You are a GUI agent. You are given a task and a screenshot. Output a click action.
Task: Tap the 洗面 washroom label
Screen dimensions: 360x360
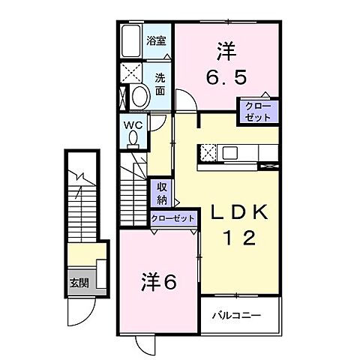coord(160,82)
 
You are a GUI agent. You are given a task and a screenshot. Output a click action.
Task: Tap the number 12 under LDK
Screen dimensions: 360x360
coord(238,238)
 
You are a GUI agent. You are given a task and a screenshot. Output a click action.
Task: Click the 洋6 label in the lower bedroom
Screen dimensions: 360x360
coord(160,283)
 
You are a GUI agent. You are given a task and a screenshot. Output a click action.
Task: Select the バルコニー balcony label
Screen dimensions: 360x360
coord(240,315)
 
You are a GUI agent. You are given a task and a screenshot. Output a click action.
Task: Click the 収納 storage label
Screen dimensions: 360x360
coord(162,193)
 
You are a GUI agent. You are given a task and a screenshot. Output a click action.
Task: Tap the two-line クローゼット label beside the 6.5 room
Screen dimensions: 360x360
coord(258,112)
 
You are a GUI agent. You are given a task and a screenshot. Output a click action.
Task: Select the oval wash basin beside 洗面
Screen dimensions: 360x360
coord(139,97)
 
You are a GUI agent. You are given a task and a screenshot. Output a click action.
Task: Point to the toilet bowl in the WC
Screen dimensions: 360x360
coord(133,139)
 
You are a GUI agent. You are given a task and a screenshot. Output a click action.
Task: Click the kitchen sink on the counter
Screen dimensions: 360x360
coord(230,153)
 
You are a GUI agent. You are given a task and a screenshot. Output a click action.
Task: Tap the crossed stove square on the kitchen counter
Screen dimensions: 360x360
coord(208,152)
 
